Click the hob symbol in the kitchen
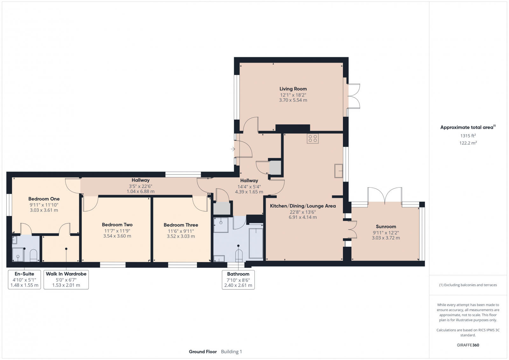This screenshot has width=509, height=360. [x=313, y=138]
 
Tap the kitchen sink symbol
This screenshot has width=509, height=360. [x=338, y=171]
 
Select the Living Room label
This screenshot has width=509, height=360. [x=293, y=89]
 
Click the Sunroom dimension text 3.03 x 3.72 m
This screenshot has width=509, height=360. [x=386, y=238]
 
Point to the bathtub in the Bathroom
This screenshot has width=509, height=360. [x=256, y=243]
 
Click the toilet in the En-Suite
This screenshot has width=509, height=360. [x=33, y=255]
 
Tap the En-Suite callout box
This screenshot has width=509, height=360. [x=24, y=279]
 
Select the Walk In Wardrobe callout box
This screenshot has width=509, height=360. [x=66, y=279]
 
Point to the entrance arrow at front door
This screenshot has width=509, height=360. [x=233, y=149]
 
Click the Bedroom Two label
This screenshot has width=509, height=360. [x=117, y=225]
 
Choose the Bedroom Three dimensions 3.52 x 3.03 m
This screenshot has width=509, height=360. [x=181, y=236]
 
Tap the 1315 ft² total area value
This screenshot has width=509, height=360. [x=468, y=136]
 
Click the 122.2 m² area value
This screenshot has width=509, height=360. [x=468, y=143]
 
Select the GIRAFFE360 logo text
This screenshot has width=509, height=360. [x=468, y=345]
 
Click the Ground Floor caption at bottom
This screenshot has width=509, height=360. [x=203, y=351]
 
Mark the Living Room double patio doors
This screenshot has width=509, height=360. [x=353, y=96]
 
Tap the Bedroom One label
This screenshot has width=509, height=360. [x=44, y=199]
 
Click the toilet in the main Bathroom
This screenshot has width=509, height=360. [x=239, y=255]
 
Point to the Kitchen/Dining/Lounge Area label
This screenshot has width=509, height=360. [x=303, y=206]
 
